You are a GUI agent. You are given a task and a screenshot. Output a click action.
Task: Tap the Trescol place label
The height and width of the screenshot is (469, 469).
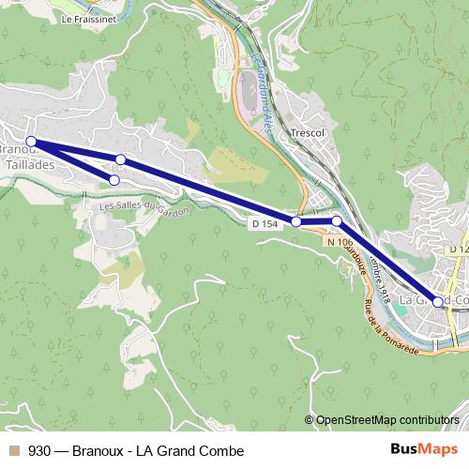point(307,133)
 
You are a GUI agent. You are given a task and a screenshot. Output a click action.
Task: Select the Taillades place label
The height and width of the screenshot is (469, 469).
point(27,162)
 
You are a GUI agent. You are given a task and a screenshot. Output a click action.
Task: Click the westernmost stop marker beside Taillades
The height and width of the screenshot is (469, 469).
point(31,142)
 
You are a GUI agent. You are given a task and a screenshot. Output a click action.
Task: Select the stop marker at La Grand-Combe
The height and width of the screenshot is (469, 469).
point(438,302)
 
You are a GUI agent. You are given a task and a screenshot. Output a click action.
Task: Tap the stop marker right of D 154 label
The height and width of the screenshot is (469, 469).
point(296,222)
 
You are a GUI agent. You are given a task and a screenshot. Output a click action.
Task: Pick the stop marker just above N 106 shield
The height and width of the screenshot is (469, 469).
point(337,220)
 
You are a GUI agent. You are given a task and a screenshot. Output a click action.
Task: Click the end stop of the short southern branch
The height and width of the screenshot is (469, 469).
point(114,179)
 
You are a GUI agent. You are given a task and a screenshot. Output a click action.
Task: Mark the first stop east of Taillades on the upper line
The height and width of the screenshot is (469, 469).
point(120,159)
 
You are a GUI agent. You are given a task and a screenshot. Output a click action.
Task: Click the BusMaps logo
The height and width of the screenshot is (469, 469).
point(425,450)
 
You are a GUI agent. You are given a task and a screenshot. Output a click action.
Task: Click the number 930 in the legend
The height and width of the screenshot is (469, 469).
point(39,451)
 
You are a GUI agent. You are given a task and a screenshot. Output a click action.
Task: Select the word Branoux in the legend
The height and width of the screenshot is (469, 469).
point(102,451)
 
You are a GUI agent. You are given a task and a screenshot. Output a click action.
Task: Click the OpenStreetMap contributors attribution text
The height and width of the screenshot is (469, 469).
point(387,420)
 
